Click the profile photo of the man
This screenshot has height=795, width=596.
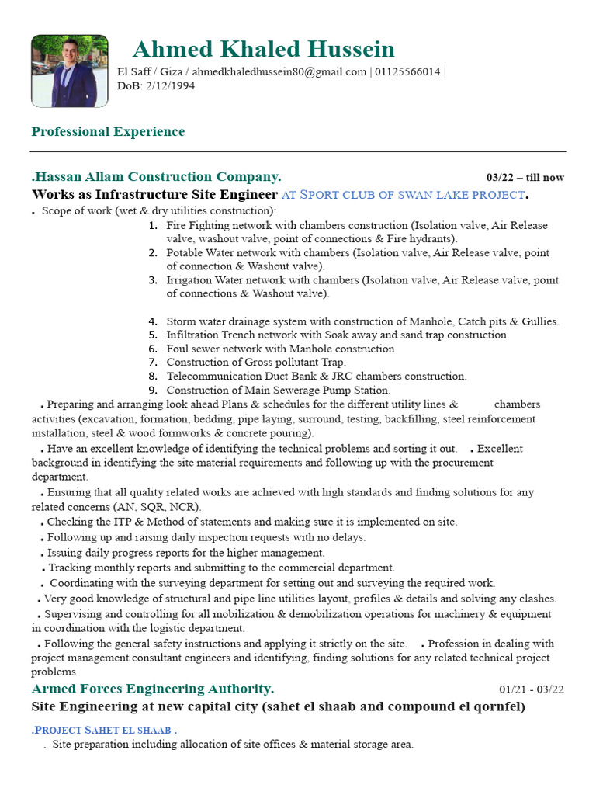tap(69, 71)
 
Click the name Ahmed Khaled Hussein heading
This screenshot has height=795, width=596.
tap(264, 49)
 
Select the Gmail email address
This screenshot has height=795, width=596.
tap(279, 72)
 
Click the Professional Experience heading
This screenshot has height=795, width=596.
tap(108, 131)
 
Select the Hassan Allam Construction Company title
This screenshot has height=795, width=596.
tap(158, 176)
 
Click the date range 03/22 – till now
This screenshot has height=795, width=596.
tap(525, 178)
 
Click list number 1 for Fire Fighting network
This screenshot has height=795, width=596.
tap(153, 226)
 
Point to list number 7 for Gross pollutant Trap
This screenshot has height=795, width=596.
tap(153, 363)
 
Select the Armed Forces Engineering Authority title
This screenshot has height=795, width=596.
tap(153, 689)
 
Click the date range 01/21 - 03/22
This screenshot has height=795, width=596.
tap(532, 689)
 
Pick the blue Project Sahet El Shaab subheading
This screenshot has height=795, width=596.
tap(105, 731)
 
